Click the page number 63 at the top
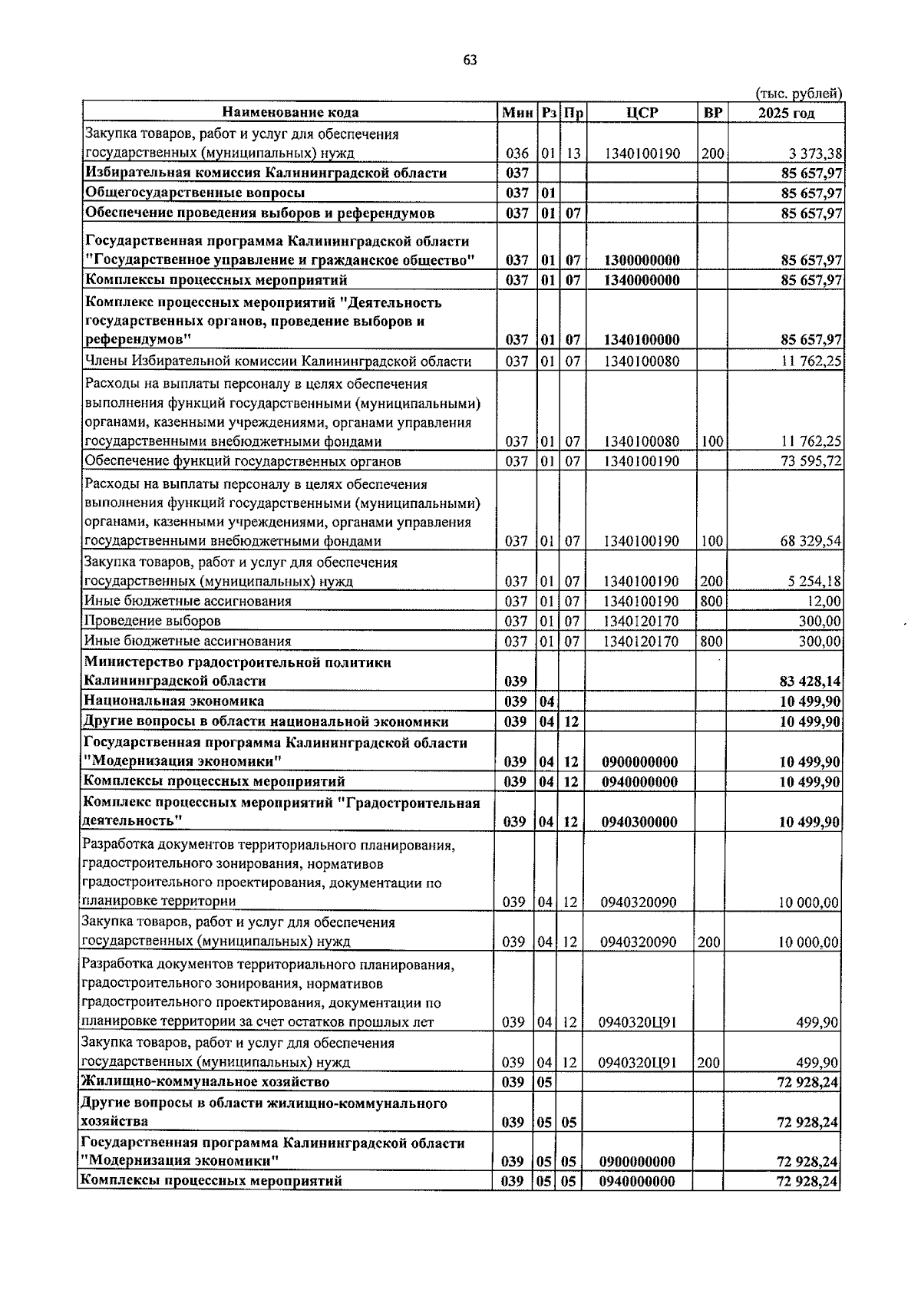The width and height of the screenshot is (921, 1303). point(470,61)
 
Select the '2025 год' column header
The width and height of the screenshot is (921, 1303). point(786,113)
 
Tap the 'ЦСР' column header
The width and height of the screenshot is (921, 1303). point(642,113)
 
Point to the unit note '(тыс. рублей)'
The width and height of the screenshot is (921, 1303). point(798,94)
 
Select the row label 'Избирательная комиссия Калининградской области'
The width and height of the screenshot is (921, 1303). point(266,173)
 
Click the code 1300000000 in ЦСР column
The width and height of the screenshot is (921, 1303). point(642,260)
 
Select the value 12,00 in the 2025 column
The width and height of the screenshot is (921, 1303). point(823,602)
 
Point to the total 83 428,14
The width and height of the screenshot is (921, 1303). point(810,681)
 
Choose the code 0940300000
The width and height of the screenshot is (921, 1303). point(640,823)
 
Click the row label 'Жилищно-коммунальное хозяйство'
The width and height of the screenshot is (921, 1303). point(205,1082)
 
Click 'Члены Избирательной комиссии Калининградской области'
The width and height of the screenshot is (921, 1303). point(278,361)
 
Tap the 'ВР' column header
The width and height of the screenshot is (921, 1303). point(712,113)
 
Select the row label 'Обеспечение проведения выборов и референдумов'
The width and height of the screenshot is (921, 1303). point(260,213)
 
